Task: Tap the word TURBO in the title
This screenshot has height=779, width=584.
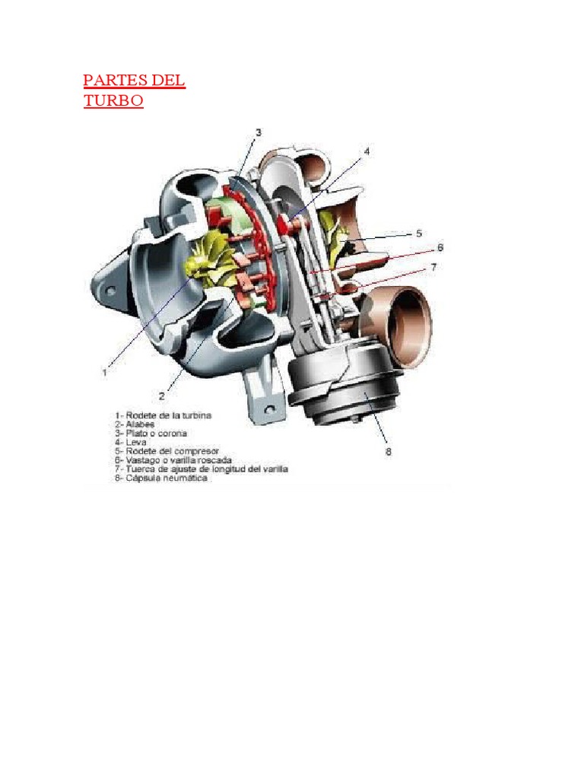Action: [113, 101]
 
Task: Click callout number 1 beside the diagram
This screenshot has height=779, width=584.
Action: [104, 372]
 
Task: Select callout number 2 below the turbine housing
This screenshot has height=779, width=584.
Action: [162, 396]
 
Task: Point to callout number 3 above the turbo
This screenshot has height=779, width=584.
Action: [259, 132]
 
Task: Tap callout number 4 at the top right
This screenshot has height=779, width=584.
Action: [367, 151]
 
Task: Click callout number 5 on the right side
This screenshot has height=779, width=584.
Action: [418, 234]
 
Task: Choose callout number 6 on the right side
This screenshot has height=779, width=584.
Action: [440, 247]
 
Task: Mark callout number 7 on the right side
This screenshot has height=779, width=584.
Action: [433, 267]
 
